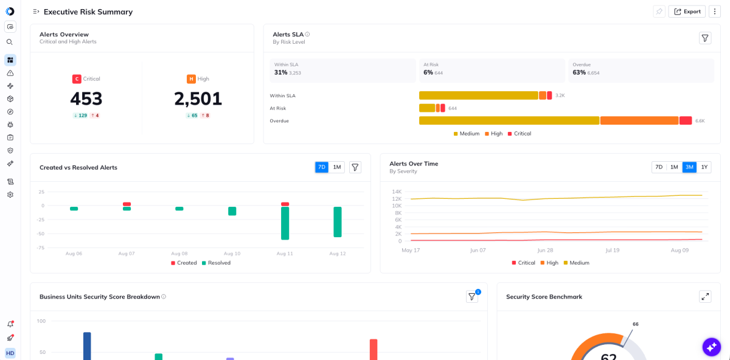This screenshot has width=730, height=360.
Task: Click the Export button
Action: click(x=687, y=12)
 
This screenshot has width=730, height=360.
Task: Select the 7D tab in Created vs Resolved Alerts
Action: click(x=322, y=167)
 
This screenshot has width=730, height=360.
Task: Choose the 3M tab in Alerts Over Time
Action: click(x=689, y=167)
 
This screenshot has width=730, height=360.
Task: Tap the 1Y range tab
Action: click(x=704, y=167)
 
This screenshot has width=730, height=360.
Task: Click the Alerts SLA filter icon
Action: click(x=705, y=38)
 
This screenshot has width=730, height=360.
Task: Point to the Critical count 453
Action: click(x=86, y=99)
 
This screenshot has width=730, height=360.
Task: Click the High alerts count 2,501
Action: click(x=198, y=99)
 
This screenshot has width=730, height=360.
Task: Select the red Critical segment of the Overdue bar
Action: click(x=686, y=120)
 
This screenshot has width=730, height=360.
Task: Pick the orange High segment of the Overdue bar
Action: click(x=639, y=120)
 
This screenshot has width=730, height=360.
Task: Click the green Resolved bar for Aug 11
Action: click(x=285, y=223)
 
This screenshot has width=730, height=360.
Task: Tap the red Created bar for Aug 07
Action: click(x=127, y=204)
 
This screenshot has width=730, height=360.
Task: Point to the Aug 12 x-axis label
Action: click(x=337, y=254)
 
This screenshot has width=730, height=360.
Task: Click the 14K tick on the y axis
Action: click(x=397, y=192)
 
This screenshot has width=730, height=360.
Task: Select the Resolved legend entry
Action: click(x=216, y=263)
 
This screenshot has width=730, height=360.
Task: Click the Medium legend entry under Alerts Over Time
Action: click(x=577, y=263)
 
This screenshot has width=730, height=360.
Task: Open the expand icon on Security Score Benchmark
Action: click(x=705, y=297)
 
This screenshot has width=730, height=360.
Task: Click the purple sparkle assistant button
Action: click(x=711, y=347)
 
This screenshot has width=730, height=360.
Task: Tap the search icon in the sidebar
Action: click(x=10, y=42)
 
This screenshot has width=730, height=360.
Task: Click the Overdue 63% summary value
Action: click(x=579, y=72)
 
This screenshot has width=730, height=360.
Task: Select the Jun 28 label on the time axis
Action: click(x=545, y=250)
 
